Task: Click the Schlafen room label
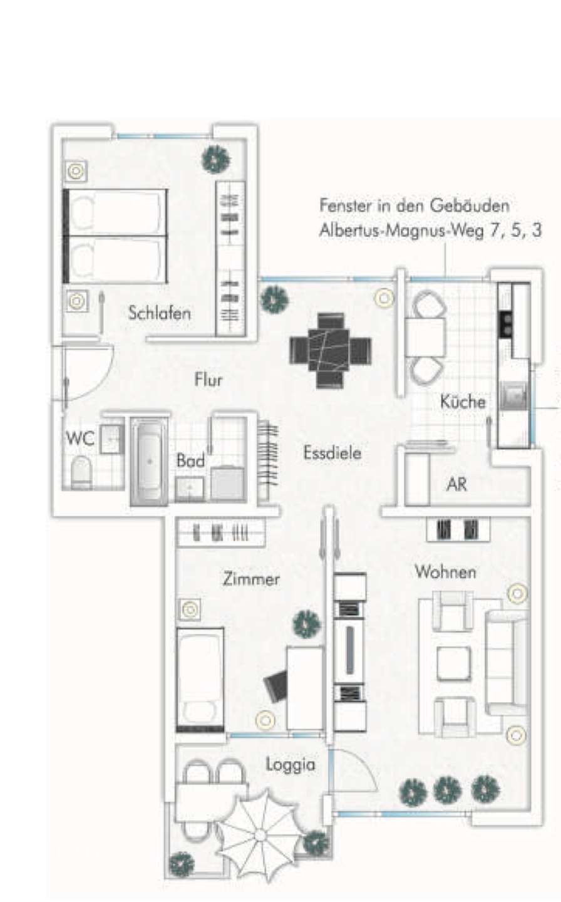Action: point(159,313)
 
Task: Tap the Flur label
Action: point(208,379)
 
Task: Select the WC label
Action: point(80,438)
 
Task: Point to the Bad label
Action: point(190,461)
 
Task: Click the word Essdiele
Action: point(332,453)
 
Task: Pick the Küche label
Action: point(463,402)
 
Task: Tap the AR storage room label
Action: point(456,484)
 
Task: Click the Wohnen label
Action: point(445,572)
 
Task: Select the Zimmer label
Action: point(251,579)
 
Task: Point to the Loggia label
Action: point(290,765)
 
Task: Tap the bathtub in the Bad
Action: point(149,460)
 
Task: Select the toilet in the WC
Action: point(81,472)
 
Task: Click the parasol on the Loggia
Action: point(260,834)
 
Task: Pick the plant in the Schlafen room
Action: point(215,160)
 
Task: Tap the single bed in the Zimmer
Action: point(200,679)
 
